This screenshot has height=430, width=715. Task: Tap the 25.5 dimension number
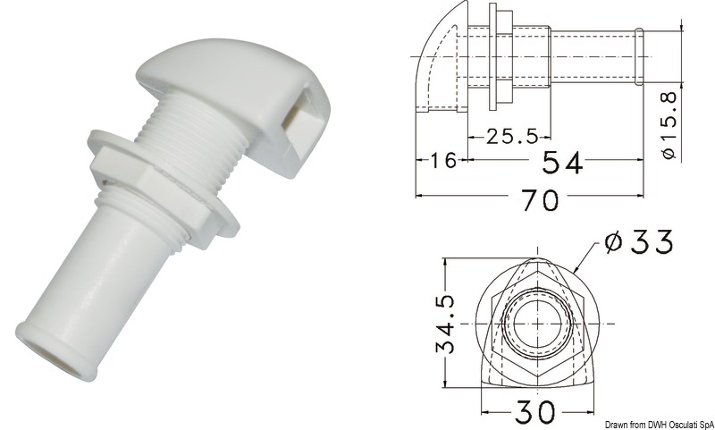511,136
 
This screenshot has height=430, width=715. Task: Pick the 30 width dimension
534,412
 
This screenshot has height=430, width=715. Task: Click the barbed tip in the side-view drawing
641,57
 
